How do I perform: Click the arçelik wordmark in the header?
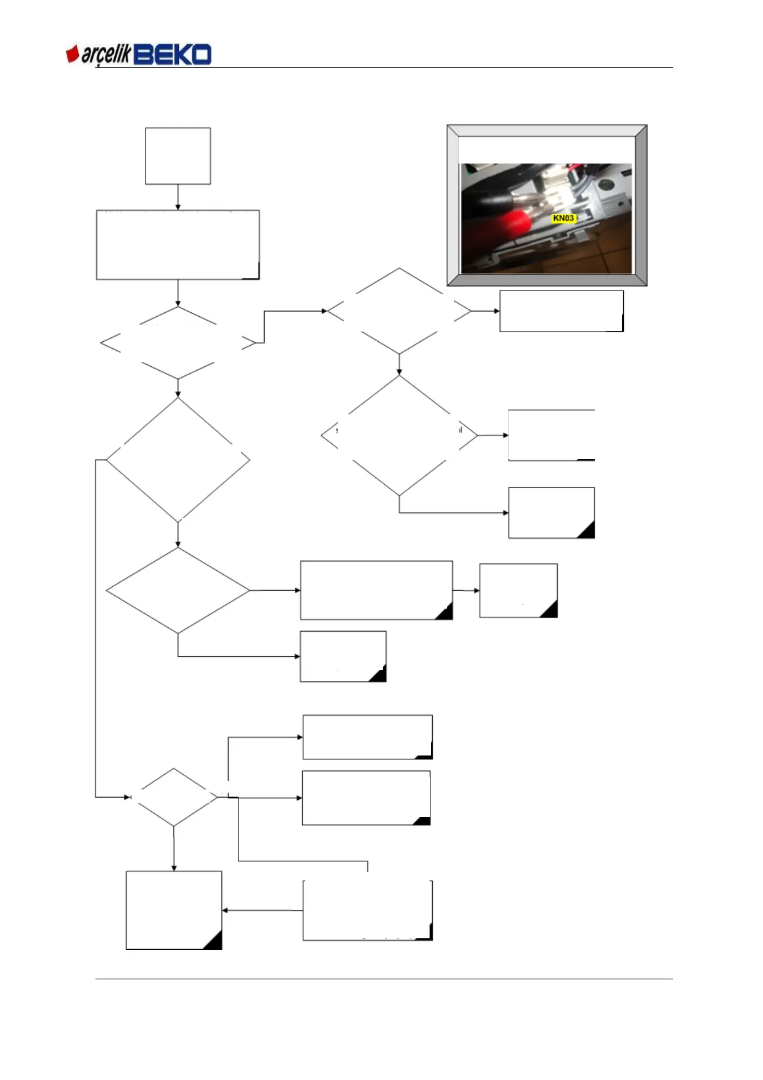[x=106, y=56]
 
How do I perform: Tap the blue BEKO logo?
[x=172, y=55]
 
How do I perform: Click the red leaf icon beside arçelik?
[x=72, y=55]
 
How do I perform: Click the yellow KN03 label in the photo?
[x=563, y=218]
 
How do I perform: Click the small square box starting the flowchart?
[x=178, y=156]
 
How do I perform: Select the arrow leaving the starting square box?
[x=178, y=197]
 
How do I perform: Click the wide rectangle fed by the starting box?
[x=178, y=244]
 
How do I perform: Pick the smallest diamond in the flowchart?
[x=174, y=797]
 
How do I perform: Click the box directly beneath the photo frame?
[x=561, y=311]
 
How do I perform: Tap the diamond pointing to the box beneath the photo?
[x=399, y=311]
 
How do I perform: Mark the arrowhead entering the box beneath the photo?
[x=496, y=311]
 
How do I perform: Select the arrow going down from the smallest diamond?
[x=174, y=848]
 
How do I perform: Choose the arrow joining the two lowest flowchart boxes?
[x=262, y=910]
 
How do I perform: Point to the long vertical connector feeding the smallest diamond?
[x=96, y=629]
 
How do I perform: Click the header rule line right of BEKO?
[x=442, y=67]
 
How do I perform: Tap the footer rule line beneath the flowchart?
[x=384, y=979]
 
